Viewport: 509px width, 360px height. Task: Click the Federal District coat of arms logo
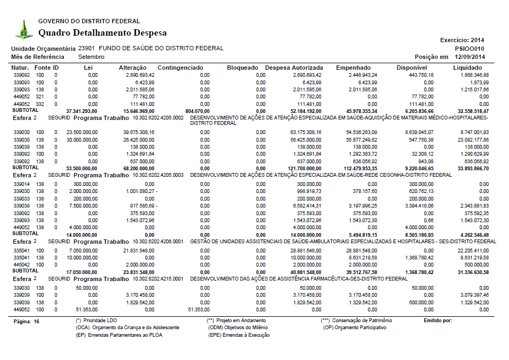point(23,29)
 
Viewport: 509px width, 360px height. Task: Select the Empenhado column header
point(353,68)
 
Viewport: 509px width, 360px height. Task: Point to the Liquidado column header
point(467,68)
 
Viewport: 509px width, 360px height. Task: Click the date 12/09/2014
point(470,57)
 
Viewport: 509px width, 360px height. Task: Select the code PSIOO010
point(470,49)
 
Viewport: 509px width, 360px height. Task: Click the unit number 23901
point(86,49)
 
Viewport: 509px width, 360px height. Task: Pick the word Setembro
point(91,57)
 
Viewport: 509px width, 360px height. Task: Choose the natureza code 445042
point(21,264)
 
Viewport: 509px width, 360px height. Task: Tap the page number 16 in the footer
point(36,321)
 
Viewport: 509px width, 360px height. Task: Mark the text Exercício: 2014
point(463,41)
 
